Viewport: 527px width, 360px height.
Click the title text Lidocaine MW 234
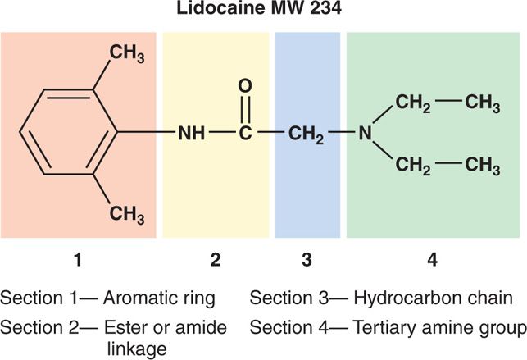click(x=263, y=11)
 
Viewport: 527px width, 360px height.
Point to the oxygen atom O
click(x=244, y=84)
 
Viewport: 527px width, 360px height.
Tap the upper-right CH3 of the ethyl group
click(x=483, y=104)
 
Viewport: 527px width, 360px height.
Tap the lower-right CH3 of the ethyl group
click(x=483, y=166)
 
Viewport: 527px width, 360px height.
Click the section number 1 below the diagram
click(x=78, y=261)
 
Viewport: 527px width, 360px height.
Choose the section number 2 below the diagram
click(x=216, y=261)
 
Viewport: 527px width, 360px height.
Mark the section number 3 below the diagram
click(x=307, y=261)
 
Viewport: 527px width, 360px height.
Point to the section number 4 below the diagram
click(x=432, y=261)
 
